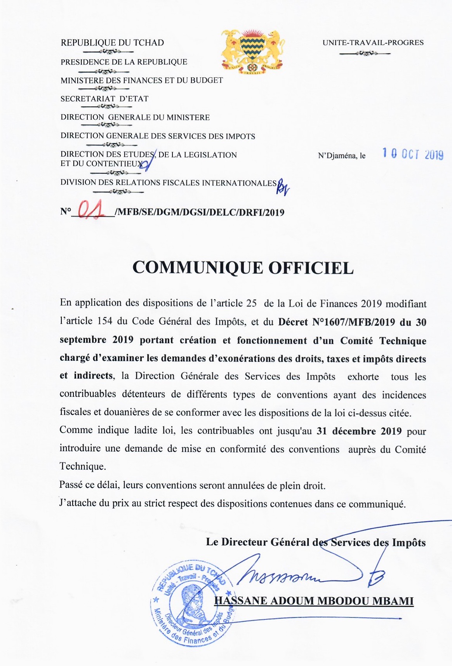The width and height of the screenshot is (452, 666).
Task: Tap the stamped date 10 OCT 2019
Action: pos(413,154)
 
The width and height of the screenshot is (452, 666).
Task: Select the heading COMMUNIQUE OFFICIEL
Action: pos(243,268)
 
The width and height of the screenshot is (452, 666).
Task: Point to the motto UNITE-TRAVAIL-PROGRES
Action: pos(373,43)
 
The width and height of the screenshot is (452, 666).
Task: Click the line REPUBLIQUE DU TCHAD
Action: pos(112,43)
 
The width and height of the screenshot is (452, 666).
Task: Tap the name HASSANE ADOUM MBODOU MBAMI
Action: pos(314,601)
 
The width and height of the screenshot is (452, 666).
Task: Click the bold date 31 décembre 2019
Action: pos(359,431)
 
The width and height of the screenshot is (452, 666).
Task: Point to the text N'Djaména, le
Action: pos(342,156)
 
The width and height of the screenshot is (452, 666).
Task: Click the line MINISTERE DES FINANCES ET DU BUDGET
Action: pos(142,80)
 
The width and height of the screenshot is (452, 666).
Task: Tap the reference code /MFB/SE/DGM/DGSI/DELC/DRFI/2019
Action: pos(200,212)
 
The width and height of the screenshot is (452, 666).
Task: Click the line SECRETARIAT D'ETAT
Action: pos(104,99)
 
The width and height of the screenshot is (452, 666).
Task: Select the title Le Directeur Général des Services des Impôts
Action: pos(316,542)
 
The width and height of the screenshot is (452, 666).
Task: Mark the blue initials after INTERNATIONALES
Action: pos(283,188)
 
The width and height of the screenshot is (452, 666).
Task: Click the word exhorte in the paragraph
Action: pos(363,377)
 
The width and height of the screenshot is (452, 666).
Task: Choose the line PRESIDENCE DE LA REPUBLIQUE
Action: pos(124,62)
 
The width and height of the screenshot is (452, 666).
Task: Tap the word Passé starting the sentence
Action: pos(71,485)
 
